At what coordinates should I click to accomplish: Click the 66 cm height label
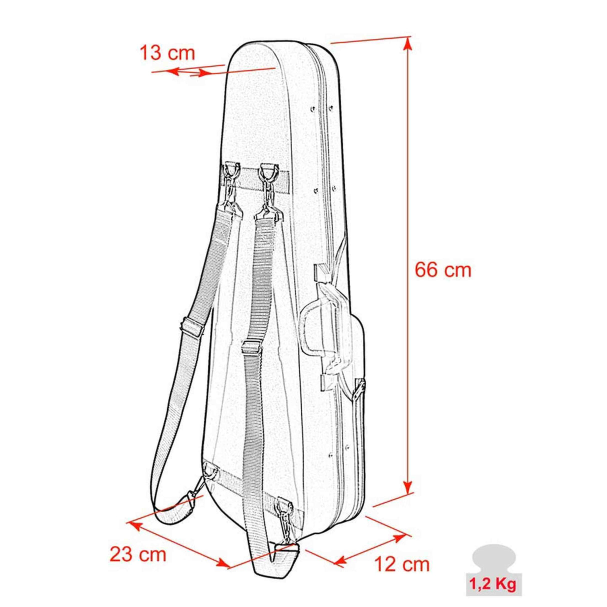point(442,270)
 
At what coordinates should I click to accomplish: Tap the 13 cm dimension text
point(167,52)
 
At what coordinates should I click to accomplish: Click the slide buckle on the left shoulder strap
point(192,327)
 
